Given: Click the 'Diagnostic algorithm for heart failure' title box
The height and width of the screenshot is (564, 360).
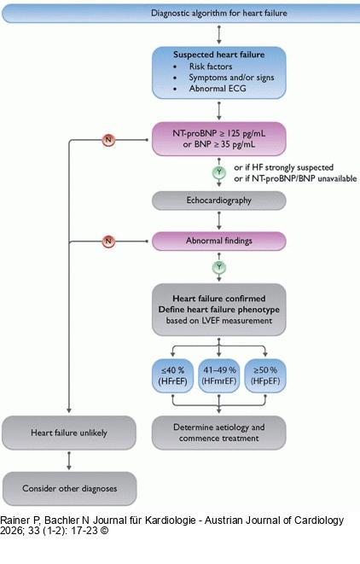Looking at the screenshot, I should [x=219, y=14].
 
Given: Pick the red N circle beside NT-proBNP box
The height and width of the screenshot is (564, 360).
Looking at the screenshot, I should [x=108, y=138].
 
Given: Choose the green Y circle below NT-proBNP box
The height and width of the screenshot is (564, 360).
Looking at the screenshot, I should [x=220, y=172].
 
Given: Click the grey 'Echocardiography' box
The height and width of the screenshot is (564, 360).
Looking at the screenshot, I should [x=219, y=202].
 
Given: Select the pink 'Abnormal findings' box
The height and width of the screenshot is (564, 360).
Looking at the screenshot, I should [x=219, y=241].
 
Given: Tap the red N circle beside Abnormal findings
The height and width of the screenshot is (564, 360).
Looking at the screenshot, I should [x=108, y=241].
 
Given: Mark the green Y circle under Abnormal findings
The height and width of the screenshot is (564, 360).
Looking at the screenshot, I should [x=220, y=266].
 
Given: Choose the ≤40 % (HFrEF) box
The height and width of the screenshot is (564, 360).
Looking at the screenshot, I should [x=175, y=375].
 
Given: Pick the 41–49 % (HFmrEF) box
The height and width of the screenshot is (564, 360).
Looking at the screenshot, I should [x=219, y=375].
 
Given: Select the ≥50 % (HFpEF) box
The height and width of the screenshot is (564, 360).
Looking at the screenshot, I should [x=264, y=375].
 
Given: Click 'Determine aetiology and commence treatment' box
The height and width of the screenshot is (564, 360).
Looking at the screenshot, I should [x=219, y=433].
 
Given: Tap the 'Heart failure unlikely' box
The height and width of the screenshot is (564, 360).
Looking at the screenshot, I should [x=69, y=433].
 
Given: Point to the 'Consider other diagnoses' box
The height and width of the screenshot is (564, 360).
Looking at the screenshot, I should [x=69, y=489].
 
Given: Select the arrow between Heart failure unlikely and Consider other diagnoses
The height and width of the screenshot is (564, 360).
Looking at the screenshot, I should [x=69, y=461].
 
